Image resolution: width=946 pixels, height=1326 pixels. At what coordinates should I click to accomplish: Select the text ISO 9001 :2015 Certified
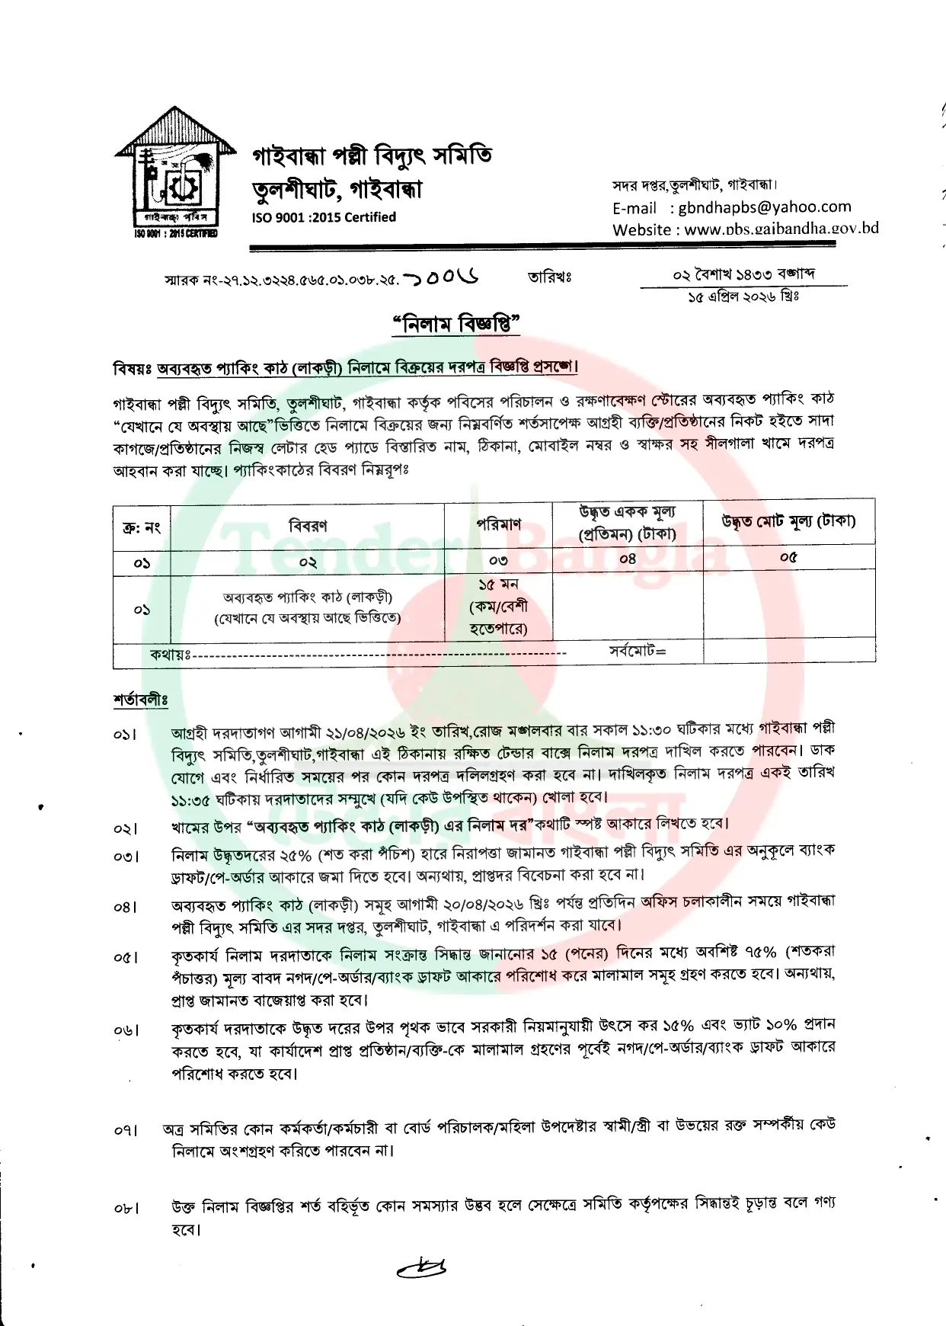tap(324, 217)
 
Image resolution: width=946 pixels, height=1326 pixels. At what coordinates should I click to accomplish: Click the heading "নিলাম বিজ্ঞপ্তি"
tap(455, 325)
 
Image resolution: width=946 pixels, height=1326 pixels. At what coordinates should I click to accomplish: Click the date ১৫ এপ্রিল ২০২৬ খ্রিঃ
tap(743, 296)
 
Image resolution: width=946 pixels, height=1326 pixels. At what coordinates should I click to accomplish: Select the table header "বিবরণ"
tap(308, 525)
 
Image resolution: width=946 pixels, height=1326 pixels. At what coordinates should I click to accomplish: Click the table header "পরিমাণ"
tap(498, 524)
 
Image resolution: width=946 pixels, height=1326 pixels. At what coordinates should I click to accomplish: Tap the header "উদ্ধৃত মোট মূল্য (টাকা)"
tap(788, 521)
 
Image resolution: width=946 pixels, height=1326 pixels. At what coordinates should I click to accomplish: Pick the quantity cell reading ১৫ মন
tap(498, 585)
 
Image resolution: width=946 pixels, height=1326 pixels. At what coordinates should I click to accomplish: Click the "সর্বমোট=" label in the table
tap(638, 652)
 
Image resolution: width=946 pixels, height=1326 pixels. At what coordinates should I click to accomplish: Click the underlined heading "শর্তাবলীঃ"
tap(140, 699)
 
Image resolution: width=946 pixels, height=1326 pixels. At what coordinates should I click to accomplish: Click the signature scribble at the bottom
tap(423, 1267)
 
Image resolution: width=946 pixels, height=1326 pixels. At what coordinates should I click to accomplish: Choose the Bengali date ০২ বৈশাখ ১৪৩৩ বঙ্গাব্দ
tap(743, 274)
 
